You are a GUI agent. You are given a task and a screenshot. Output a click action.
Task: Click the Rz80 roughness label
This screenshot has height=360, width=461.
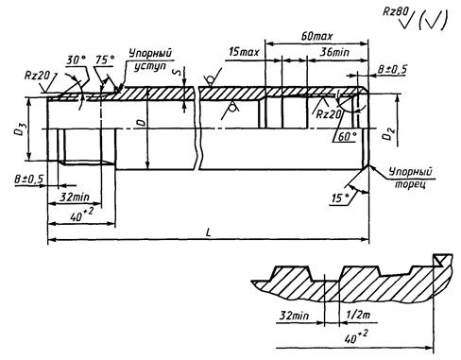(396, 12)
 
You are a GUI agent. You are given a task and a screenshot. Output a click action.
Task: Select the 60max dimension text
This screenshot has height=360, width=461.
(316, 36)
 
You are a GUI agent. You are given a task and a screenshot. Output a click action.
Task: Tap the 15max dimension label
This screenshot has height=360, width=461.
(244, 52)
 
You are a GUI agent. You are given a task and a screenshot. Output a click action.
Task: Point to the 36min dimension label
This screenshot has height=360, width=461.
(334, 52)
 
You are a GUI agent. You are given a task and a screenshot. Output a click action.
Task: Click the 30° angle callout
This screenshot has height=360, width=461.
(77, 60)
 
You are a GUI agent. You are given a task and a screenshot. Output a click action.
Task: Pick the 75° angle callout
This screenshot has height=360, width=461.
(105, 60)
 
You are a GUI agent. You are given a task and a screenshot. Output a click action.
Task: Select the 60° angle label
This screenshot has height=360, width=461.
(348, 137)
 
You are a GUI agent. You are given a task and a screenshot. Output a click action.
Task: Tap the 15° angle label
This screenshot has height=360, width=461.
(340, 198)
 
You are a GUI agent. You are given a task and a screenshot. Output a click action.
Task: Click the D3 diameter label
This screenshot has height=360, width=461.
(20, 129)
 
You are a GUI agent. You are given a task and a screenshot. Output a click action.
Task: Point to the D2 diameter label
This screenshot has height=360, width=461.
(387, 134)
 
